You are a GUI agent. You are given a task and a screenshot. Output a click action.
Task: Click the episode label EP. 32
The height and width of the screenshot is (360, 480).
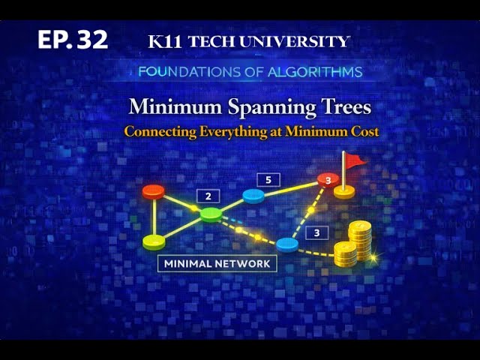pos(73,40)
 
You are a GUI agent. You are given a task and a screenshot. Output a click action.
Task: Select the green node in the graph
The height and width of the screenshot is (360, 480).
pos(211,214)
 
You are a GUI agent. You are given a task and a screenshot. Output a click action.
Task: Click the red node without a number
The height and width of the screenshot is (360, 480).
pos(153,191)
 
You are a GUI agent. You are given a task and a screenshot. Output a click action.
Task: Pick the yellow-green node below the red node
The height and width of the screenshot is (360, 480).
pos(154,241)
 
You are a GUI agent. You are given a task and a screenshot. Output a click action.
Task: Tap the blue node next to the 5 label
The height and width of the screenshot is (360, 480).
pos(254,196)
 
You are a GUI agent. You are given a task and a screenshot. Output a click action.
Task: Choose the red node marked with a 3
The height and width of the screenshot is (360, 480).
pos(326,180)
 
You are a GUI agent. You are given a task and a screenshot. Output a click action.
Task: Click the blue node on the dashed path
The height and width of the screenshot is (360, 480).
pos(287,244)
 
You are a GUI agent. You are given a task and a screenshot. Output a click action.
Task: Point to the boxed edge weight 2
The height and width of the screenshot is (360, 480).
pos(208,196)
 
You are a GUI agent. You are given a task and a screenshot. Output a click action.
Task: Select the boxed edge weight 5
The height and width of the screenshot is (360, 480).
pos(268,180)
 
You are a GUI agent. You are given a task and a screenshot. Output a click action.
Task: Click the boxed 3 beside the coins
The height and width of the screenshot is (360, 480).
pos(316,232)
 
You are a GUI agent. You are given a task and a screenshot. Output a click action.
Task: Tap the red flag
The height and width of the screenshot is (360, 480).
pos(354,159)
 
